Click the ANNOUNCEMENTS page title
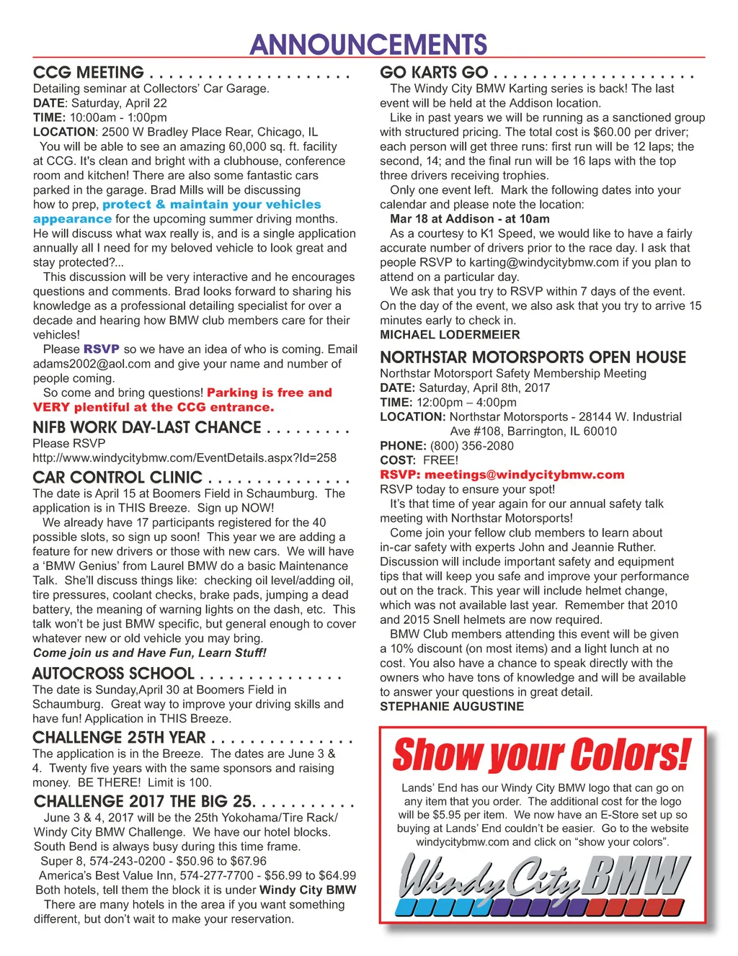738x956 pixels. point(368,45)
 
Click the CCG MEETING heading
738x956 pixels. point(89,73)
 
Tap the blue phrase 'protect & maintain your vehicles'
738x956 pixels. point(211,205)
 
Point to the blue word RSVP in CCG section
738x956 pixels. point(101,349)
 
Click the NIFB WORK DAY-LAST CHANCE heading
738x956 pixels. point(147,427)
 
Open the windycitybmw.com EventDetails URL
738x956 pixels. point(184,457)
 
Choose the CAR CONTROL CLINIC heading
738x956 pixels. point(117,478)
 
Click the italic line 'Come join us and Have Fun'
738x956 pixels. point(149,653)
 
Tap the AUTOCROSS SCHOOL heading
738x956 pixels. point(113,674)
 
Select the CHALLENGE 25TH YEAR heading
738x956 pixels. point(120,738)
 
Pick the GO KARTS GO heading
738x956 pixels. point(434,73)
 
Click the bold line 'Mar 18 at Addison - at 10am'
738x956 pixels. point(469,219)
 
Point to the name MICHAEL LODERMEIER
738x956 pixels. point(450,335)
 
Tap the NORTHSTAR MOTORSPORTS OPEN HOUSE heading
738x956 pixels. point(533,357)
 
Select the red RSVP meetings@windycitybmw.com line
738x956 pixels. point(502,475)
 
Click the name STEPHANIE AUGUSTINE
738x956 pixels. point(452,707)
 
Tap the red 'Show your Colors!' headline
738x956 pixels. point(542,755)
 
